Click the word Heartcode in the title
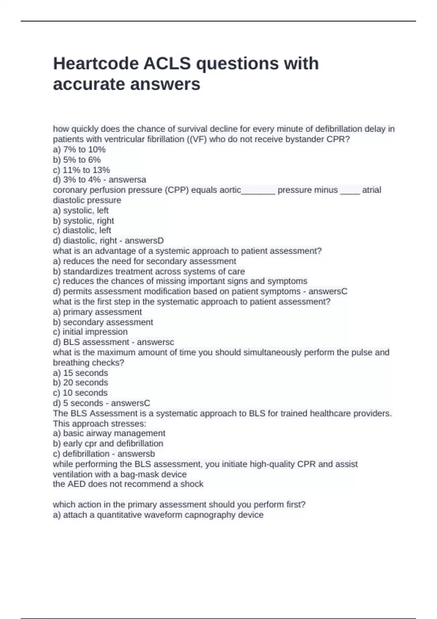click(x=95, y=64)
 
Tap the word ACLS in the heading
click(x=167, y=64)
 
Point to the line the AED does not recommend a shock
click(x=128, y=484)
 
